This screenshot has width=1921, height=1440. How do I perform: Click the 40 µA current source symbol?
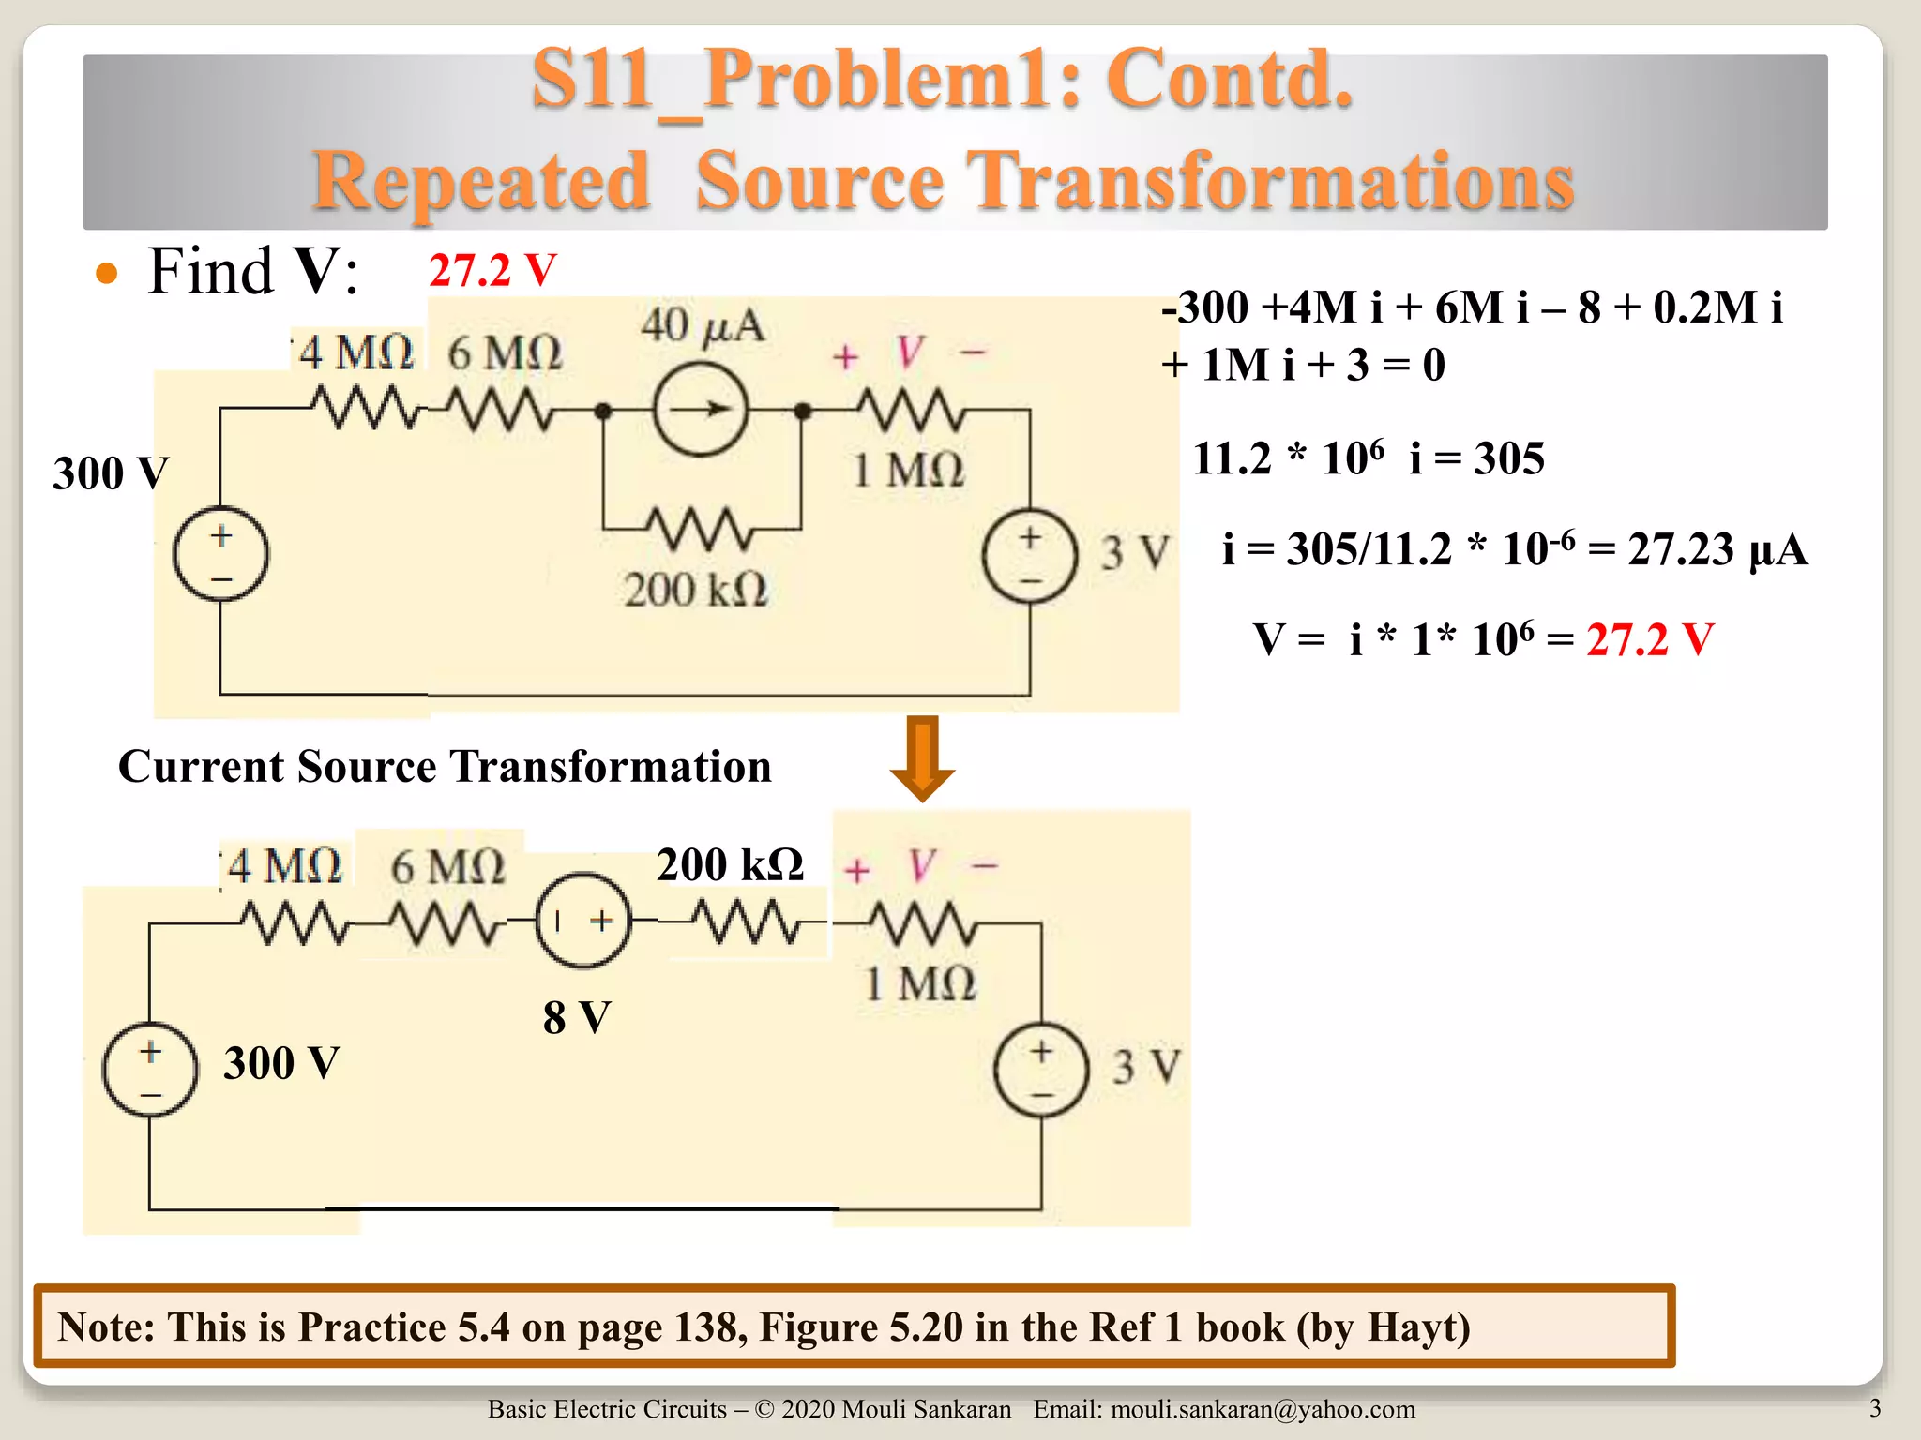click(700, 410)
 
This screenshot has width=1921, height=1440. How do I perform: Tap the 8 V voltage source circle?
click(582, 921)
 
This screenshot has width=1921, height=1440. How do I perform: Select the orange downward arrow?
click(922, 758)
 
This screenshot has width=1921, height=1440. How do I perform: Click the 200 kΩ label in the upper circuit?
click(695, 590)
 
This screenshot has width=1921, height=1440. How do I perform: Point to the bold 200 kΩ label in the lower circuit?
click(730, 864)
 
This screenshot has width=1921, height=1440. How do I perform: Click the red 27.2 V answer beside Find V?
click(492, 271)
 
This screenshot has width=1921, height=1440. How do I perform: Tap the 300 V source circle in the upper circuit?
click(221, 555)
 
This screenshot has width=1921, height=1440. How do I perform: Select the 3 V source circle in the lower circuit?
click(1041, 1069)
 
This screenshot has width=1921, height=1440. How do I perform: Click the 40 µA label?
click(703, 326)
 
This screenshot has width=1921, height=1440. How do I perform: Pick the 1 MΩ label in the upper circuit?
click(908, 469)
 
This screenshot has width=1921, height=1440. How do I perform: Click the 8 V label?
click(577, 1017)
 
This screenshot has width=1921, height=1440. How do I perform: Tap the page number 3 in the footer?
click(1874, 1408)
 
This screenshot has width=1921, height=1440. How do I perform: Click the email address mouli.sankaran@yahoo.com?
click(1263, 1409)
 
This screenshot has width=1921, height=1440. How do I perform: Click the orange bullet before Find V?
click(107, 274)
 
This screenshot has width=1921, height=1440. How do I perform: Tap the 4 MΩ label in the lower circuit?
click(284, 865)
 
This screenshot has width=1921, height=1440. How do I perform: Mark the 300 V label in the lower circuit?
click(281, 1063)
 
